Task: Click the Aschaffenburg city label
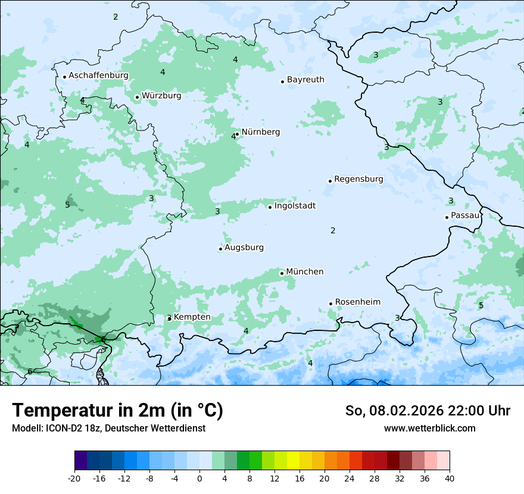pyautogui.click(x=98, y=76)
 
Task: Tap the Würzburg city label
pyautogui.click(x=161, y=95)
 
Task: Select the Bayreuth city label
pyautogui.click(x=305, y=80)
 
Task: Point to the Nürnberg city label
pyautogui.click(x=260, y=132)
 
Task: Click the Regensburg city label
pyautogui.click(x=358, y=179)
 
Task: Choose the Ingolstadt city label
pyautogui.click(x=295, y=206)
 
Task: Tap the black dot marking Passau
pyautogui.click(x=447, y=217)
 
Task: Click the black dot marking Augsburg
pyautogui.click(x=220, y=249)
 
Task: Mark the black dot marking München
pyautogui.click(x=282, y=273)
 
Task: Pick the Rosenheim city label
pyautogui.click(x=357, y=302)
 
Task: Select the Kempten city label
pyautogui.click(x=192, y=317)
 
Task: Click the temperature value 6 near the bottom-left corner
pyautogui.click(x=30, y=372)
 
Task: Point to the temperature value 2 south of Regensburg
pyautogui.click(x=333, y=231)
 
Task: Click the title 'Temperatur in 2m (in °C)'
pyautogui.click(x=118, y=411)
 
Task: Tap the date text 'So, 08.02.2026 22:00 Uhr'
pyautogui.click(x=428, y=411)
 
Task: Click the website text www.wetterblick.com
pyautogui.click(x=429, y=429)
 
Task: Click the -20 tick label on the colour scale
pyautogui.click(x=74, y=479)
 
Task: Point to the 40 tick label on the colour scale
pyautogui.click(x=450, y=479)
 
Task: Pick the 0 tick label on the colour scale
pyautogui.click(x=199, y=479)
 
